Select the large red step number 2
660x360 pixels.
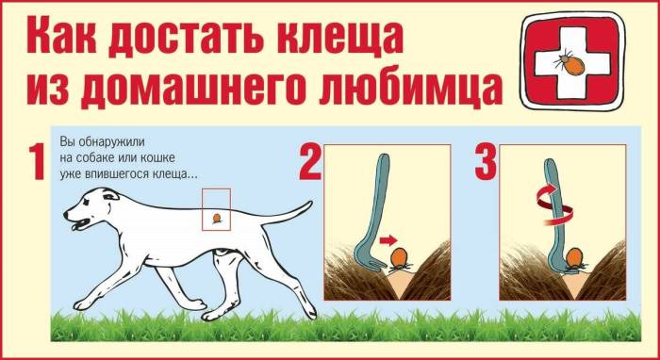click(x=308, y=163)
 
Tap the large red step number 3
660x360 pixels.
click(x=485, y=163)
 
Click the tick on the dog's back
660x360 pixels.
click(x=218, y=219)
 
